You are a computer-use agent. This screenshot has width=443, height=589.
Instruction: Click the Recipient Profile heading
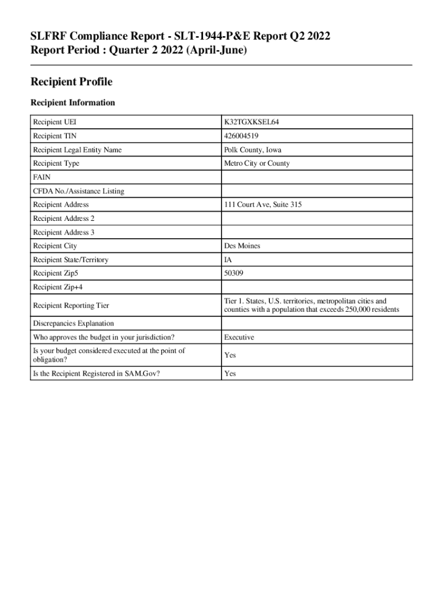click(x=71, y=82)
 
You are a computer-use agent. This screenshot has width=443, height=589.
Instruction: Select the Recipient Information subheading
click(x=72, y=103)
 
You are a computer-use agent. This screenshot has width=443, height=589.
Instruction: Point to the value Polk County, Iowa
click(x=253, y=150)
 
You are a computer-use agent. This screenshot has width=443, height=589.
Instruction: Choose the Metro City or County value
click(x=257, y=163)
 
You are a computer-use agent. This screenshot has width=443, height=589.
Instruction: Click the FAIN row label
click(x=42, y=177)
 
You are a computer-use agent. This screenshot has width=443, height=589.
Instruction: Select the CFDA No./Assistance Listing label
click(x=78, y=191)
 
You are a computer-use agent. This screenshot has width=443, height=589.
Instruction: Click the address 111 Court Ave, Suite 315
click(x=262, y=205)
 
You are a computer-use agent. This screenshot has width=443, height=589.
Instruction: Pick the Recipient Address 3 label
click(x=63, y=232)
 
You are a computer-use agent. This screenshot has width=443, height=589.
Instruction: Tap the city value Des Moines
click(x=242, y=246)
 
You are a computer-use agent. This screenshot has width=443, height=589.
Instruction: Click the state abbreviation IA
click(x=228, y=260)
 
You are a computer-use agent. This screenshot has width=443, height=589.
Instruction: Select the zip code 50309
click(x=234, y=274)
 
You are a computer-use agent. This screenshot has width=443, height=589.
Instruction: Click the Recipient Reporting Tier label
click(x=71, y=305)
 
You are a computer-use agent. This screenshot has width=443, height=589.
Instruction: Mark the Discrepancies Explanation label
click(x=73, y=323)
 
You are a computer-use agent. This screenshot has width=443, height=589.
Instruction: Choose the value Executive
click(x=239, y=337)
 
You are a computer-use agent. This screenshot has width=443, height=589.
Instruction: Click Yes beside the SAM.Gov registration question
click(x=230, y=373)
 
